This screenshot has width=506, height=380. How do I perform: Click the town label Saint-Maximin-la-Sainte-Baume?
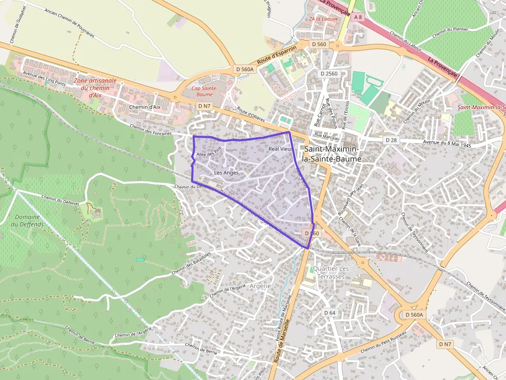pyautogui.click(x=333, y=154)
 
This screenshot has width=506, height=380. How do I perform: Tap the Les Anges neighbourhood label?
pyautogui.click(x=226, y=173)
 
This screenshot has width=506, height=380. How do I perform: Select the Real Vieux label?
pyautogui.click(x=281, y=149)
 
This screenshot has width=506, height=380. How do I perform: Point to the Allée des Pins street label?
pyautogui.click(x=209, y=154)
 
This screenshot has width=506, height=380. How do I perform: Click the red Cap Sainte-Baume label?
pyautogui.click(x=202, y=91)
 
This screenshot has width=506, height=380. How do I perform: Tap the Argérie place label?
pyautogui.click(x=260, y=286)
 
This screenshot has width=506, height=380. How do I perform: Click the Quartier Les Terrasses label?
pyautogui.click(x=331, y=273)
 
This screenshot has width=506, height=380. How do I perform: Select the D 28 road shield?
pyautogui.click(x=391, y=140)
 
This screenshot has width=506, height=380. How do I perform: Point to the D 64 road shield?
pyautogui.click(x=330, y=313)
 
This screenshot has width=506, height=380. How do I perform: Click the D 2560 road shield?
pyautogui.click(x=329, y=74)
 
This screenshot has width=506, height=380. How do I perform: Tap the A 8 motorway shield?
pyautogui.click(x=358, y=17)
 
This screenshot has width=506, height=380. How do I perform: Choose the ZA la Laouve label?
pyautogui.click(x=324, y=19)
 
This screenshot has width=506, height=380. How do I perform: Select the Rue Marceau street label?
pyautogui.click(x=327, y=137)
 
